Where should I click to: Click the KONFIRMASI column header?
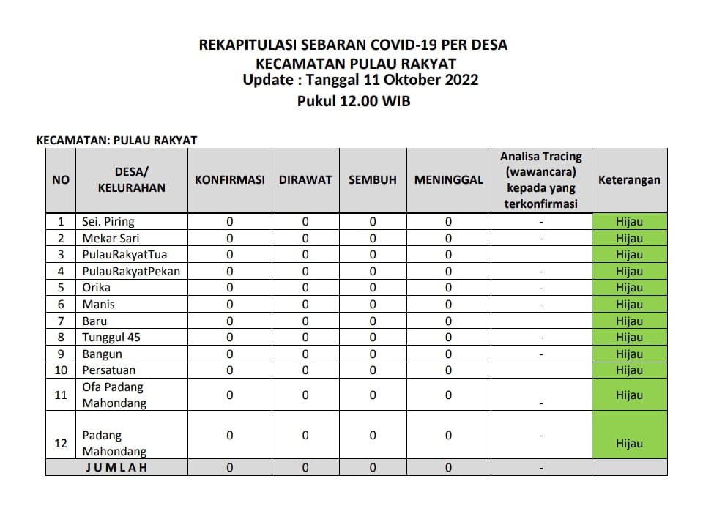[229, 180]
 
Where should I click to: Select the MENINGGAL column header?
[448, 180]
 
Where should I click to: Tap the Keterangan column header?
[629, 180]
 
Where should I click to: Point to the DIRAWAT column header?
[305, 180]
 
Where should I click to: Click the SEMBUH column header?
[372, 180]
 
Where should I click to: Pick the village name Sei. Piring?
[108, 222]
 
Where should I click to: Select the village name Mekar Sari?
[111, 238]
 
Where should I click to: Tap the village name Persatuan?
[109, 370]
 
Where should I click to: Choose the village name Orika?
[96, 288]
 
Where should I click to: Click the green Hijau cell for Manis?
[629, 305]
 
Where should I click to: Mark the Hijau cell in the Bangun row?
[629, 354]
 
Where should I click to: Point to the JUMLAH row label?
[116, 468]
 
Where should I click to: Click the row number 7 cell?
[61, 321]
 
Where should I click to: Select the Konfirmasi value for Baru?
[229, 321]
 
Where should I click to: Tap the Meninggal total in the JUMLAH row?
[448, 468]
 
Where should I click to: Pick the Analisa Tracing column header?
[540, 180]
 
